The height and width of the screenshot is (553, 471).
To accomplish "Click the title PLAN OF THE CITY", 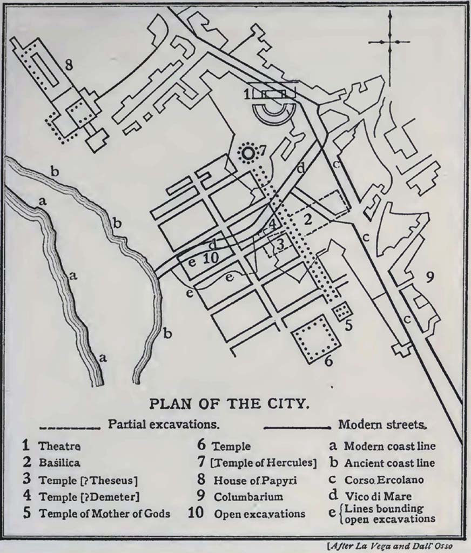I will click(229, 404).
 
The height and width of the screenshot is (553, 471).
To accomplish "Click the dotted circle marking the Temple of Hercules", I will click(248, 154).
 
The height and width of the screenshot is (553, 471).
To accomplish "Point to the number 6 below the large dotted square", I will click(328, 360).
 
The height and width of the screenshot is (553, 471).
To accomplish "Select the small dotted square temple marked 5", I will click(342, 311).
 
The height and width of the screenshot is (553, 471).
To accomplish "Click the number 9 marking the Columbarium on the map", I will click(429, 278).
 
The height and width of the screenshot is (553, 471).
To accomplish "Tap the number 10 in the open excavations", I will click(210, 258).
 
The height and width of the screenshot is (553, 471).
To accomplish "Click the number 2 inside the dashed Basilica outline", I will click(308, 219).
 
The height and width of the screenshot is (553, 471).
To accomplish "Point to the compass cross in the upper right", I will click(388, 42).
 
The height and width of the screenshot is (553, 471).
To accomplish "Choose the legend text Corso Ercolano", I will click(384, 480).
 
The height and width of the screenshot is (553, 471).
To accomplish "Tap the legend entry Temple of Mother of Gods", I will click(104, 513).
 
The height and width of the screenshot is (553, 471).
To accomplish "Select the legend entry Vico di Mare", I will click(378, 496).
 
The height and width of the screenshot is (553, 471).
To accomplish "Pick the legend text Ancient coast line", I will click(389, 463).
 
